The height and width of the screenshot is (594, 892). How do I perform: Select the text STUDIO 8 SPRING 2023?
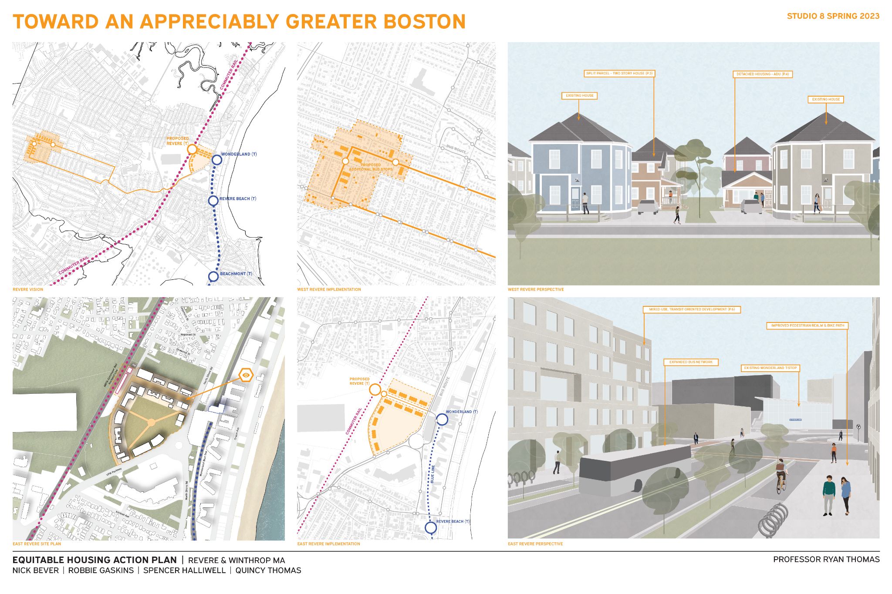(833, 16)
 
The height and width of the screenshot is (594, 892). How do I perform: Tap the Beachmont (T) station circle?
(213, 276)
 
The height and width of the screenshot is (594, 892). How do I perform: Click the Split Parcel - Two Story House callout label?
(619, 74)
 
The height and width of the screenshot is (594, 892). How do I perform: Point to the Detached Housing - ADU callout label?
(762, 74)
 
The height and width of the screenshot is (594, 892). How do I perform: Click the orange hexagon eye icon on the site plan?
(247, 375)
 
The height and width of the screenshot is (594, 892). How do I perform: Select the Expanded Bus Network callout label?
(691, 362)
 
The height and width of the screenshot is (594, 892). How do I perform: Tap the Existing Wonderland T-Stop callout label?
(770, 368)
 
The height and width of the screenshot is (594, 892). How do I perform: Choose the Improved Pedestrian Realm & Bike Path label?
(808, 326)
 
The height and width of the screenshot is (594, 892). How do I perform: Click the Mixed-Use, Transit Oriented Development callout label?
(692, 309)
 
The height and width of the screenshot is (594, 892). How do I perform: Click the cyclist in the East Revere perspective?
(781, 475)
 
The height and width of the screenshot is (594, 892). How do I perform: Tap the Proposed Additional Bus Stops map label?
(371, 167)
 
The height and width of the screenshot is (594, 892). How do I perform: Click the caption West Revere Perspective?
(536, 289)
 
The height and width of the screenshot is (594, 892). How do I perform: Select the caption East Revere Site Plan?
(37, 544)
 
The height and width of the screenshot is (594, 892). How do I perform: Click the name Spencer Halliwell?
(185, 571)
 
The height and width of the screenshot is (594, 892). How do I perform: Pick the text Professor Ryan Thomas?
(826, 560)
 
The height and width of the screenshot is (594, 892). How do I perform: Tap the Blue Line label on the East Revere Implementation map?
(432, 473)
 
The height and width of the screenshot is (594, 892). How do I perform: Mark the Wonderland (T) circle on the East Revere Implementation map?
(442, 419)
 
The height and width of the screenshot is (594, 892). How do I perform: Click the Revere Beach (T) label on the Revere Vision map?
(237, 199)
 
